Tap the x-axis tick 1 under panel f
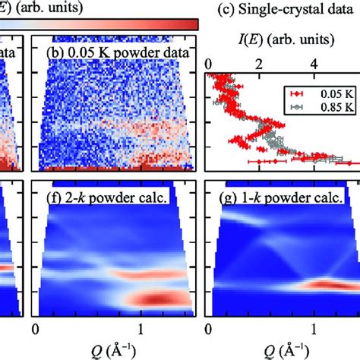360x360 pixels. [x=141, y=329]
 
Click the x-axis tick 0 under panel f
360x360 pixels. [x=36, y=329]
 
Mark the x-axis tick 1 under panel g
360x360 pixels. [x=313, y=329]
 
